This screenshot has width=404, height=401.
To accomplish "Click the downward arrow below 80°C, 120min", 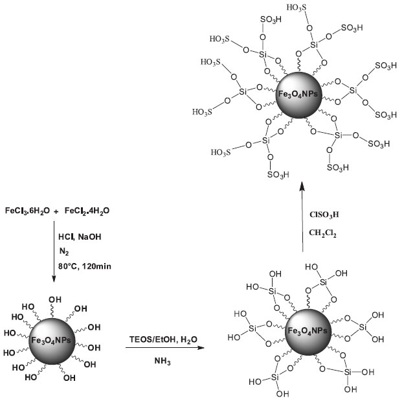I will [x=54, y=259].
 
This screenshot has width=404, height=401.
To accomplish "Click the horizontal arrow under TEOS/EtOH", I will [x=159, y=349].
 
